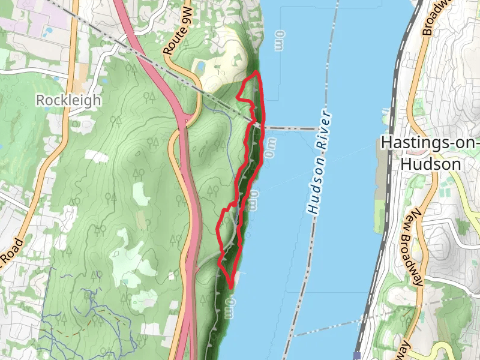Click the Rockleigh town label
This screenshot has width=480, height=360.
click(x=68, y=100)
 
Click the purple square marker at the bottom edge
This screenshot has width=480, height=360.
click(x=358, y=356)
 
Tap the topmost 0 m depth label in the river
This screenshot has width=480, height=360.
click(x=279, y=41)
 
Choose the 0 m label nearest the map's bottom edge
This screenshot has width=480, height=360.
click(x=228, y=309)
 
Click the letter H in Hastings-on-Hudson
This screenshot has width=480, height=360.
click(x=388, y=143)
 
